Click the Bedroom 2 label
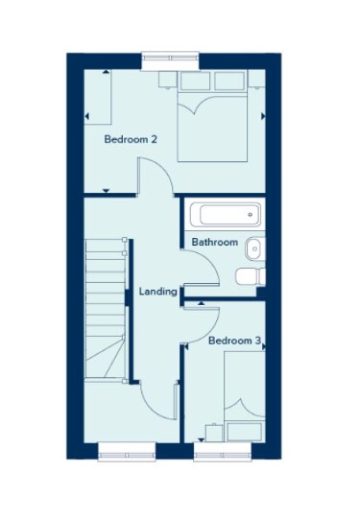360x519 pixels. click(x=131, y=139)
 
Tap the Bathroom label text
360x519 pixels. click(x=215, y=242)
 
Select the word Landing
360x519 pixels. click(x=157, y=292)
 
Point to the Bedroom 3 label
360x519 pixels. click(x=235, y=341)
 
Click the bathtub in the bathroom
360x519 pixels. click(x=226, y=215)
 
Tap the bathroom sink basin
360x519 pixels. click(x=255, y=248)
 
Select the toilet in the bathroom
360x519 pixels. click(x=251, y=276)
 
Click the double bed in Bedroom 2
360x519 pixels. click(x=212, y=116)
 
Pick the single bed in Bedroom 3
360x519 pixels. click(x=245, y=396)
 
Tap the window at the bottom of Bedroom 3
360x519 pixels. click(x=223, y=452)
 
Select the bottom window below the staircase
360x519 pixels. click(x=127, y=452)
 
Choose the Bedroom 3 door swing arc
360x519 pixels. click(x=209, y=332)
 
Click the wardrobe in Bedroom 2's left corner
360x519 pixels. click(x=97, y=97)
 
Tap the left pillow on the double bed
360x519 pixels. click(x=195, y=81)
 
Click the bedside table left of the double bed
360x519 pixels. click(x=168, y=80)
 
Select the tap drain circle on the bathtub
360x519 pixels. click(x=251, y=215)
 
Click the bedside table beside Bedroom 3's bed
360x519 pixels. click(x=214, y=433)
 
